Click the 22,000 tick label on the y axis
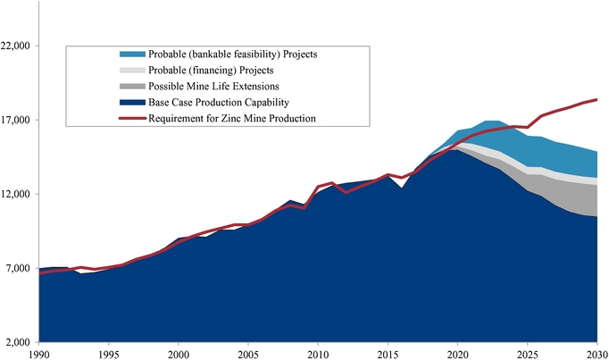[x=19, y=46]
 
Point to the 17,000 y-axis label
[x=19, y=121]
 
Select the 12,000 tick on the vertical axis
[x=19, y=195]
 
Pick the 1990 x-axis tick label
[x=38, y=354]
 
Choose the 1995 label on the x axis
[x=108, y=354]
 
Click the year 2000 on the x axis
[x=178, y=354]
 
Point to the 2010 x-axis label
[x=318, y=354]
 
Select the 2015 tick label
[x=388, y=354]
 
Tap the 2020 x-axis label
[x=457, y=354]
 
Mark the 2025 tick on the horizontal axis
[x=527, y=354]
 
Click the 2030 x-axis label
[x=596, y=354]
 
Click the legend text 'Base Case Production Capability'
[x=219, y=102]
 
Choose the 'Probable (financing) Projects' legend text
[x=211, y=70]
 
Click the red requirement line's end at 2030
[x=596, y=99]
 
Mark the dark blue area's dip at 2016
[x=401, y=188]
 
